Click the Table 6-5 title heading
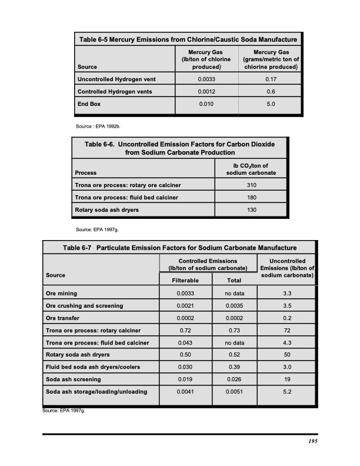tap(187, 39)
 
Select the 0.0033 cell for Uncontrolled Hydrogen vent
tap(206, 79)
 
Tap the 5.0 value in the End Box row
tap(271, 105)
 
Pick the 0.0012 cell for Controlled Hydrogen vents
tap(206, 92)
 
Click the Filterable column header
tap(184, 281)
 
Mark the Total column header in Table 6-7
tap(234, 281)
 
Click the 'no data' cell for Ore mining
tap(234, 293)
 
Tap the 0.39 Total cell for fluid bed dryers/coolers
tap(234, 367)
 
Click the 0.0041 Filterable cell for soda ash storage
tap(184, 392)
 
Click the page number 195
tap(312, 441)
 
